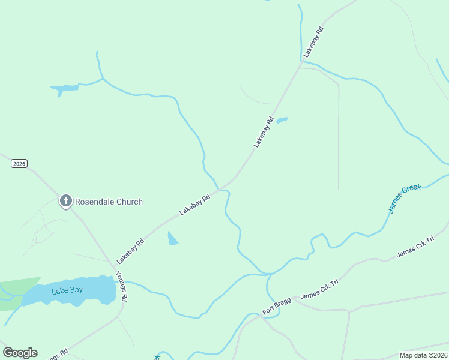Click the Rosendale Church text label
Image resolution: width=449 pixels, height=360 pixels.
click(x=109, y=202)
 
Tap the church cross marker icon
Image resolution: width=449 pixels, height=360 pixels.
click(x=65, y=201)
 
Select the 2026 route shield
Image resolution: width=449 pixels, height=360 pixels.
click(x=19, y=164)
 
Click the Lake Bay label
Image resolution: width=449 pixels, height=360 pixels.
click(x=67, y=291)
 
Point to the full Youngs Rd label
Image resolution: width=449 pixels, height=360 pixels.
click(x=121, y=286)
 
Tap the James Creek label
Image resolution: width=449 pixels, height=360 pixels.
click(x=405, y=199)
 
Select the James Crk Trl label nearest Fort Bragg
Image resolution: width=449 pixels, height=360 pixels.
click(x=319, y=290)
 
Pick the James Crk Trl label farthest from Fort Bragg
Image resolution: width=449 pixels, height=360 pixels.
click(x=415, y=248)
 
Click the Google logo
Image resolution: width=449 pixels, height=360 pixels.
click(x=20, y=352)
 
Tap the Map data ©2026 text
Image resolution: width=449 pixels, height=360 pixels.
click(x=423, y=355)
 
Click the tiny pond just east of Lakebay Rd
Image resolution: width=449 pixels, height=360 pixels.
click(x=282, y=121)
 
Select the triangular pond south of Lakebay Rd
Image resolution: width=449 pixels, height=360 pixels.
click(x=172, y=239)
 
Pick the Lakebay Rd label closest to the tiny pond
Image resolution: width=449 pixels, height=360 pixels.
click(x=264, y=133)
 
